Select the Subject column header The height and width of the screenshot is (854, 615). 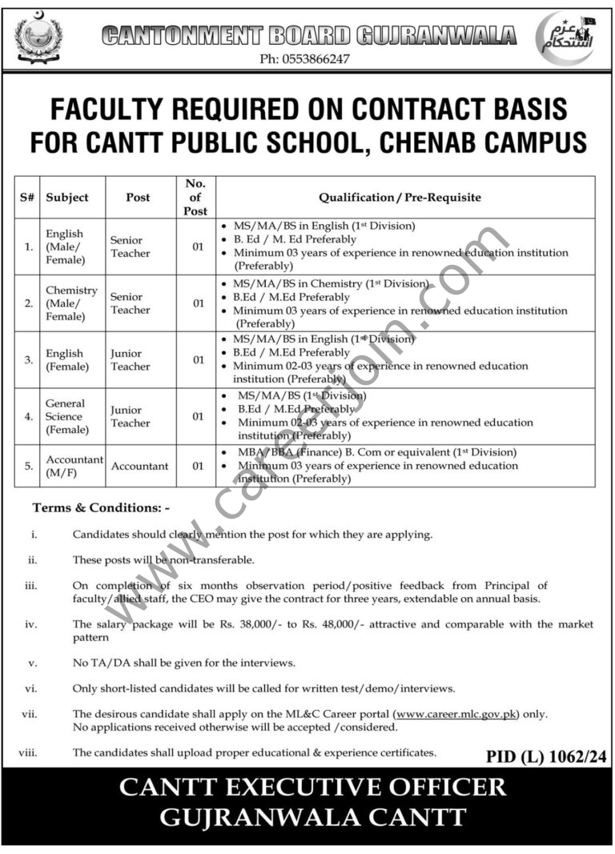(x=67, y=197)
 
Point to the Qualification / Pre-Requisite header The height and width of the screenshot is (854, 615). (x=400, y=197)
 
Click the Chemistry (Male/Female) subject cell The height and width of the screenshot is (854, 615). (x=70, y=303)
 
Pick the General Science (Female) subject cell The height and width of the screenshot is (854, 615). (x=65, y=416)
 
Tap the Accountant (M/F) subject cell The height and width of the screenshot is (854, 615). (x=75, y=466)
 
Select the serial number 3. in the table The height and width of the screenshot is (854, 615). (x=28, y=360)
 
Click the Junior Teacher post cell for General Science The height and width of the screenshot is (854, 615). (x=131, y=416)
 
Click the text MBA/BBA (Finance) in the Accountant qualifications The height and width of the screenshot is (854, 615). (x=281, y=452)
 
